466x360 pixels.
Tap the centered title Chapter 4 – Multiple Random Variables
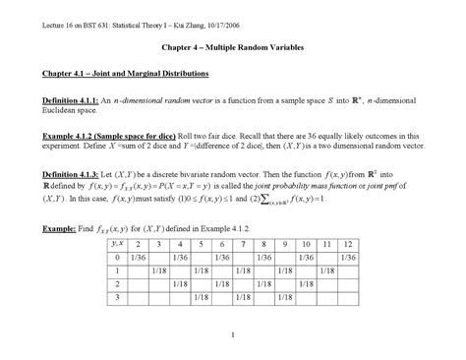coord(232,47)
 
